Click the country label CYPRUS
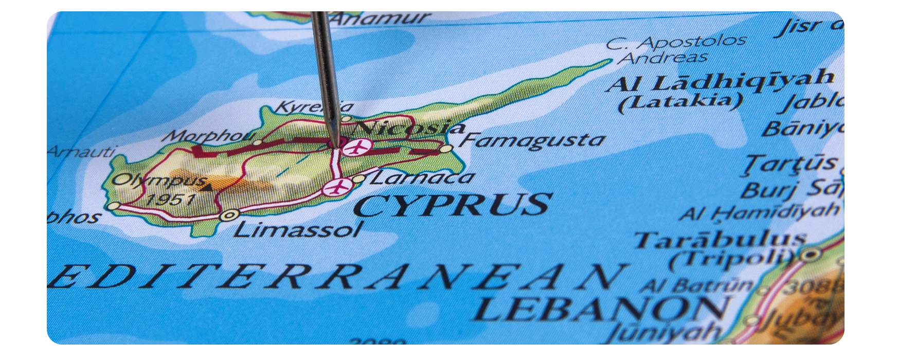click(x=453, y=205)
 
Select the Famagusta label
click(x=532, y=140)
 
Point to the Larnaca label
click(x=422, y=178)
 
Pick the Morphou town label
click(x=208, y=136)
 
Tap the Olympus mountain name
click(x=159, y=181)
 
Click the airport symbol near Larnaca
click(x=337, y=188)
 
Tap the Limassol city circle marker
click(x=228, y=215)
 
